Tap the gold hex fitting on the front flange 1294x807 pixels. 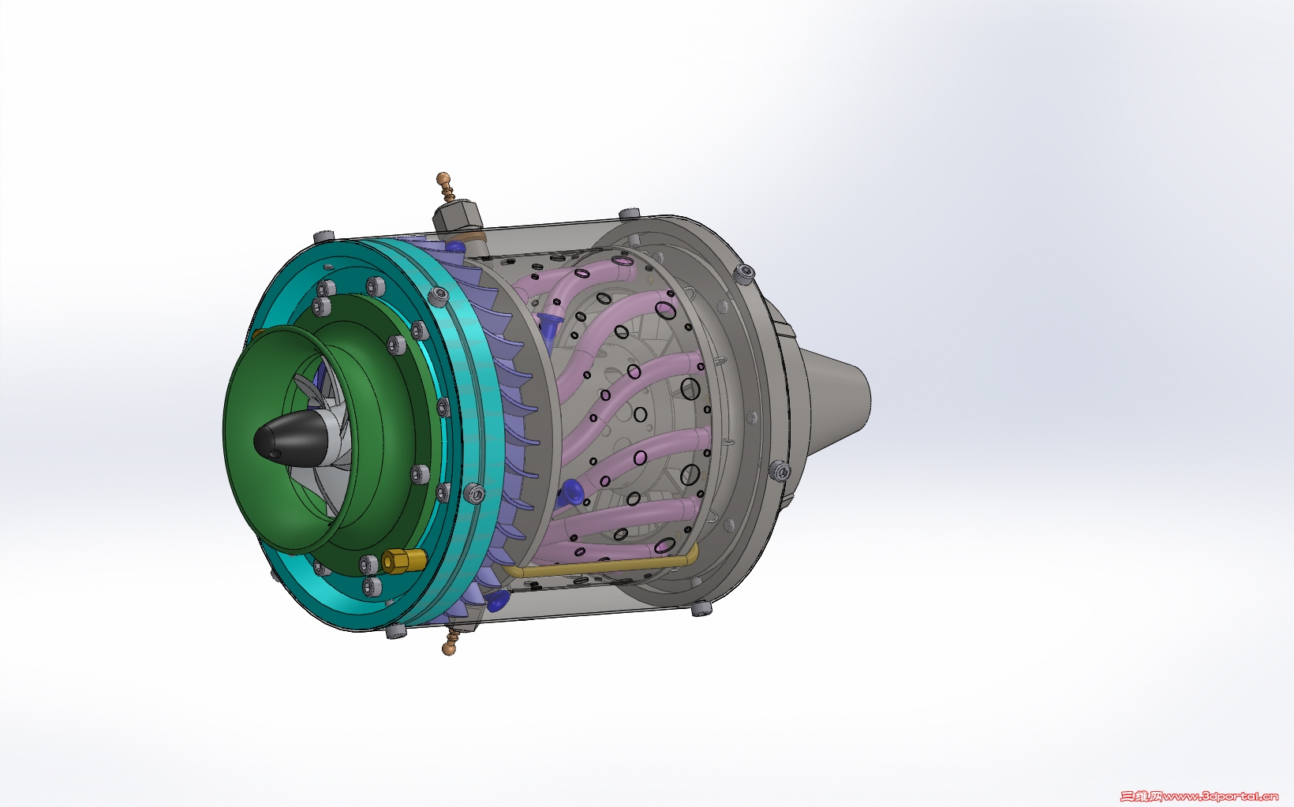pos(404,560)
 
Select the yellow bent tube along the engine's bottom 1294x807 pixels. pos(600,563)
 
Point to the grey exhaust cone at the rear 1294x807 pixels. pos(832,398)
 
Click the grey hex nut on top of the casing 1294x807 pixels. pos(458,219)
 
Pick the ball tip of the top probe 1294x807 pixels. pos(443,177)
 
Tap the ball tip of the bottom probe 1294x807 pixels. pos(447,649)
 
